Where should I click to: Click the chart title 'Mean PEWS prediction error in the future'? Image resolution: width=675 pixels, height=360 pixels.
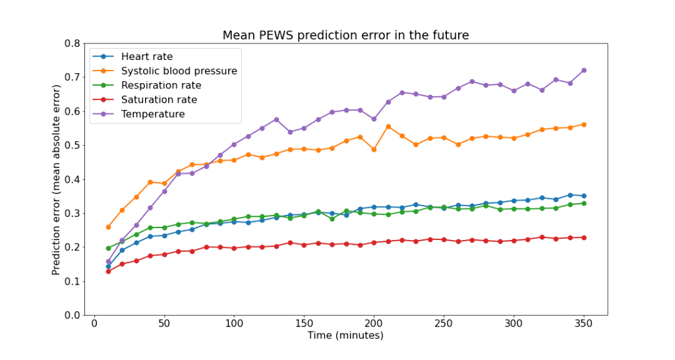click(345, 36)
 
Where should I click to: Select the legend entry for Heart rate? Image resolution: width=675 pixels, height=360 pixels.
click(147, 57)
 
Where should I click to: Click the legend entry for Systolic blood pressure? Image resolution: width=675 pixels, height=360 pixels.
click(179, 71)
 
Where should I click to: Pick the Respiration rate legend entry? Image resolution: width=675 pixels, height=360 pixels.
click(161, 86)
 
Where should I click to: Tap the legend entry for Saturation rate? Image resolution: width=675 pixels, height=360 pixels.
click(159, 100)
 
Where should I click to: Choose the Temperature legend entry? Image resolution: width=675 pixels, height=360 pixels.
click(153, 114)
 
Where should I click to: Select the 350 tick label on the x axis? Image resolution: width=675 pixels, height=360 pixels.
click(583, 324)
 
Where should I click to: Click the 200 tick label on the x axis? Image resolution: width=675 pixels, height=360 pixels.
click(374, 324)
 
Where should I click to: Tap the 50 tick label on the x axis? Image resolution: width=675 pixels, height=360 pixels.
click(164, 324)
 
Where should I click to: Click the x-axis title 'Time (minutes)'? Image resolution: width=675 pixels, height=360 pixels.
click(345, 336)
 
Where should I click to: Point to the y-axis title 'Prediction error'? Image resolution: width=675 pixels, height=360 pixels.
click(57, 179)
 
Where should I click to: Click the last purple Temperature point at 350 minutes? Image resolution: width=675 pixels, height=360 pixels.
click(583, 71)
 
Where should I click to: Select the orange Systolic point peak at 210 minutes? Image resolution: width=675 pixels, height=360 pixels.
click(388, 127)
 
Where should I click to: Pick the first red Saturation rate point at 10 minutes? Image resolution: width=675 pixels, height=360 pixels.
click(108, 271)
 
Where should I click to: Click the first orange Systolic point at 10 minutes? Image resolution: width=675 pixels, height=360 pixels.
click(108, 227)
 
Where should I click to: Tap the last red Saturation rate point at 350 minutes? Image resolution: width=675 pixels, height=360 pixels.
click(583, 237)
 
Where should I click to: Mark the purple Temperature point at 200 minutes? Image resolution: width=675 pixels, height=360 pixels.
click(374, 119)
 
